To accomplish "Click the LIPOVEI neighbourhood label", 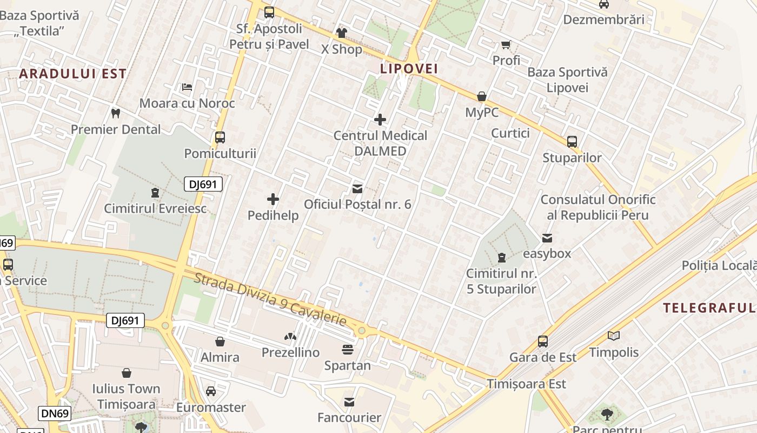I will coord(409,69).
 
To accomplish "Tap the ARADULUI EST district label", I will coord(73,74).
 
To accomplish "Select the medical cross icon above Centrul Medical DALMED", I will coord(380,120).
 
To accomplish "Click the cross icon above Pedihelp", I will coord(273,199).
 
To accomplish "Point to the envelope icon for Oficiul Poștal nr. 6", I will coord(357,189).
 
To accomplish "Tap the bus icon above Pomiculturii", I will coord(220,137).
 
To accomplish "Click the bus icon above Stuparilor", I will coord(572,142).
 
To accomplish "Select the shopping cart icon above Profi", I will coord(506,45).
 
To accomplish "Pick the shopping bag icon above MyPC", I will coord(481,97).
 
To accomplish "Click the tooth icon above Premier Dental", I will coord(115,114).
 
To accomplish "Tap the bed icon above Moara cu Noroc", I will coord(187,87).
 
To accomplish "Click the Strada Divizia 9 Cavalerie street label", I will coord(270,300).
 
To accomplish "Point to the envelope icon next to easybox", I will coord(547,238).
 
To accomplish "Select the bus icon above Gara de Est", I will coord(542,342).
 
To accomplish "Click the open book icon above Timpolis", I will coord(614,336).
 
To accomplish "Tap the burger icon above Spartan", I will coord(347,350).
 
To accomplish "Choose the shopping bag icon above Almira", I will coord(220,342).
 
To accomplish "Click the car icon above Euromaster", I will coord(211,391).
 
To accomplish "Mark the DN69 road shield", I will coord(55,414).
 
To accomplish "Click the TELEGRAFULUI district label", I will coord(709,308).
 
